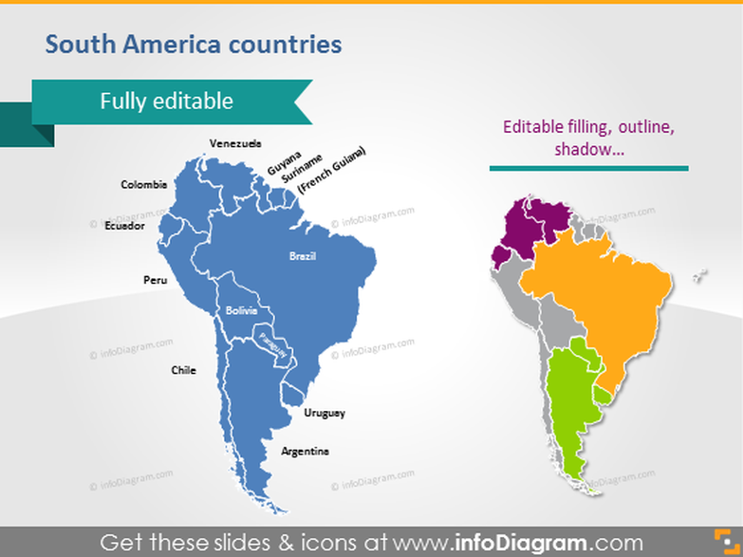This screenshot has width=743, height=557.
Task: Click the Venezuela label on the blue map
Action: (235, 143)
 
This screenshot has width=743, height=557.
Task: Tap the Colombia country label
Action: (144, 184)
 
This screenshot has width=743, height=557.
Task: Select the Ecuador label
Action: (124, 226)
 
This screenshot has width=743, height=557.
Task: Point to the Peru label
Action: (155, 280)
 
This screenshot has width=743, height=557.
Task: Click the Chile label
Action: (183, 370)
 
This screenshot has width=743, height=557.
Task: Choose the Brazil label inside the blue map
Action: (303, 256)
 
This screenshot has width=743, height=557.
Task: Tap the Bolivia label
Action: (241, 310)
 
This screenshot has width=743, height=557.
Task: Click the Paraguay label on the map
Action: (272, 344)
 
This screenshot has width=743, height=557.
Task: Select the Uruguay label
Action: (325, 413)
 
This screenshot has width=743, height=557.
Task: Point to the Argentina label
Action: (305, 451)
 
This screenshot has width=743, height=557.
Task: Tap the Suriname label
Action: (306, 167)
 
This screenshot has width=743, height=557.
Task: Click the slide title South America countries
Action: (194, 44)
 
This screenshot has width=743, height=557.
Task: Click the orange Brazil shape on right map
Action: (607, 285)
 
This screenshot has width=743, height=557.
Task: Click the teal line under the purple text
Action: (588, 169)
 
